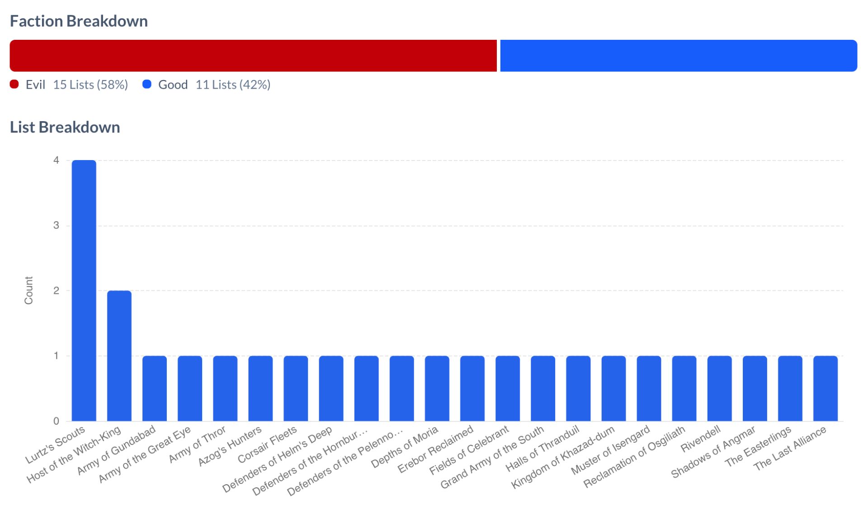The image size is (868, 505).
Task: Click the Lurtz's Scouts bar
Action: click(84, 290)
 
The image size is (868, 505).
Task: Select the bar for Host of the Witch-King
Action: click(119, 355)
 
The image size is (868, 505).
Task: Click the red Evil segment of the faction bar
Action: click(253, 56)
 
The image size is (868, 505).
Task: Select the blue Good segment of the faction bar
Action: click(678, 56)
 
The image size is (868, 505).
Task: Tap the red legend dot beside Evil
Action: click(14, 84)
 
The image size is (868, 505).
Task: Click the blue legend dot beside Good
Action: click(147, 84)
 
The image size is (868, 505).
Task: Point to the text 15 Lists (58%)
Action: click(90, 85)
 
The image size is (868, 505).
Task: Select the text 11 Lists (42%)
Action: click(233, 85)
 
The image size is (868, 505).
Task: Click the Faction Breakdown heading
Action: click(79, 21)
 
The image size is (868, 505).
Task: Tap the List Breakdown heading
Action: click(65, 127)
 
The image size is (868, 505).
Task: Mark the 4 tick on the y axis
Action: click(56, 160)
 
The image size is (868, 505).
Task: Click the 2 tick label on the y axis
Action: click(56, 291)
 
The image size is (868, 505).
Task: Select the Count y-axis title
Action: click(28, 290)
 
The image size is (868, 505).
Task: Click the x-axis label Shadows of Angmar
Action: click(713, 452)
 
